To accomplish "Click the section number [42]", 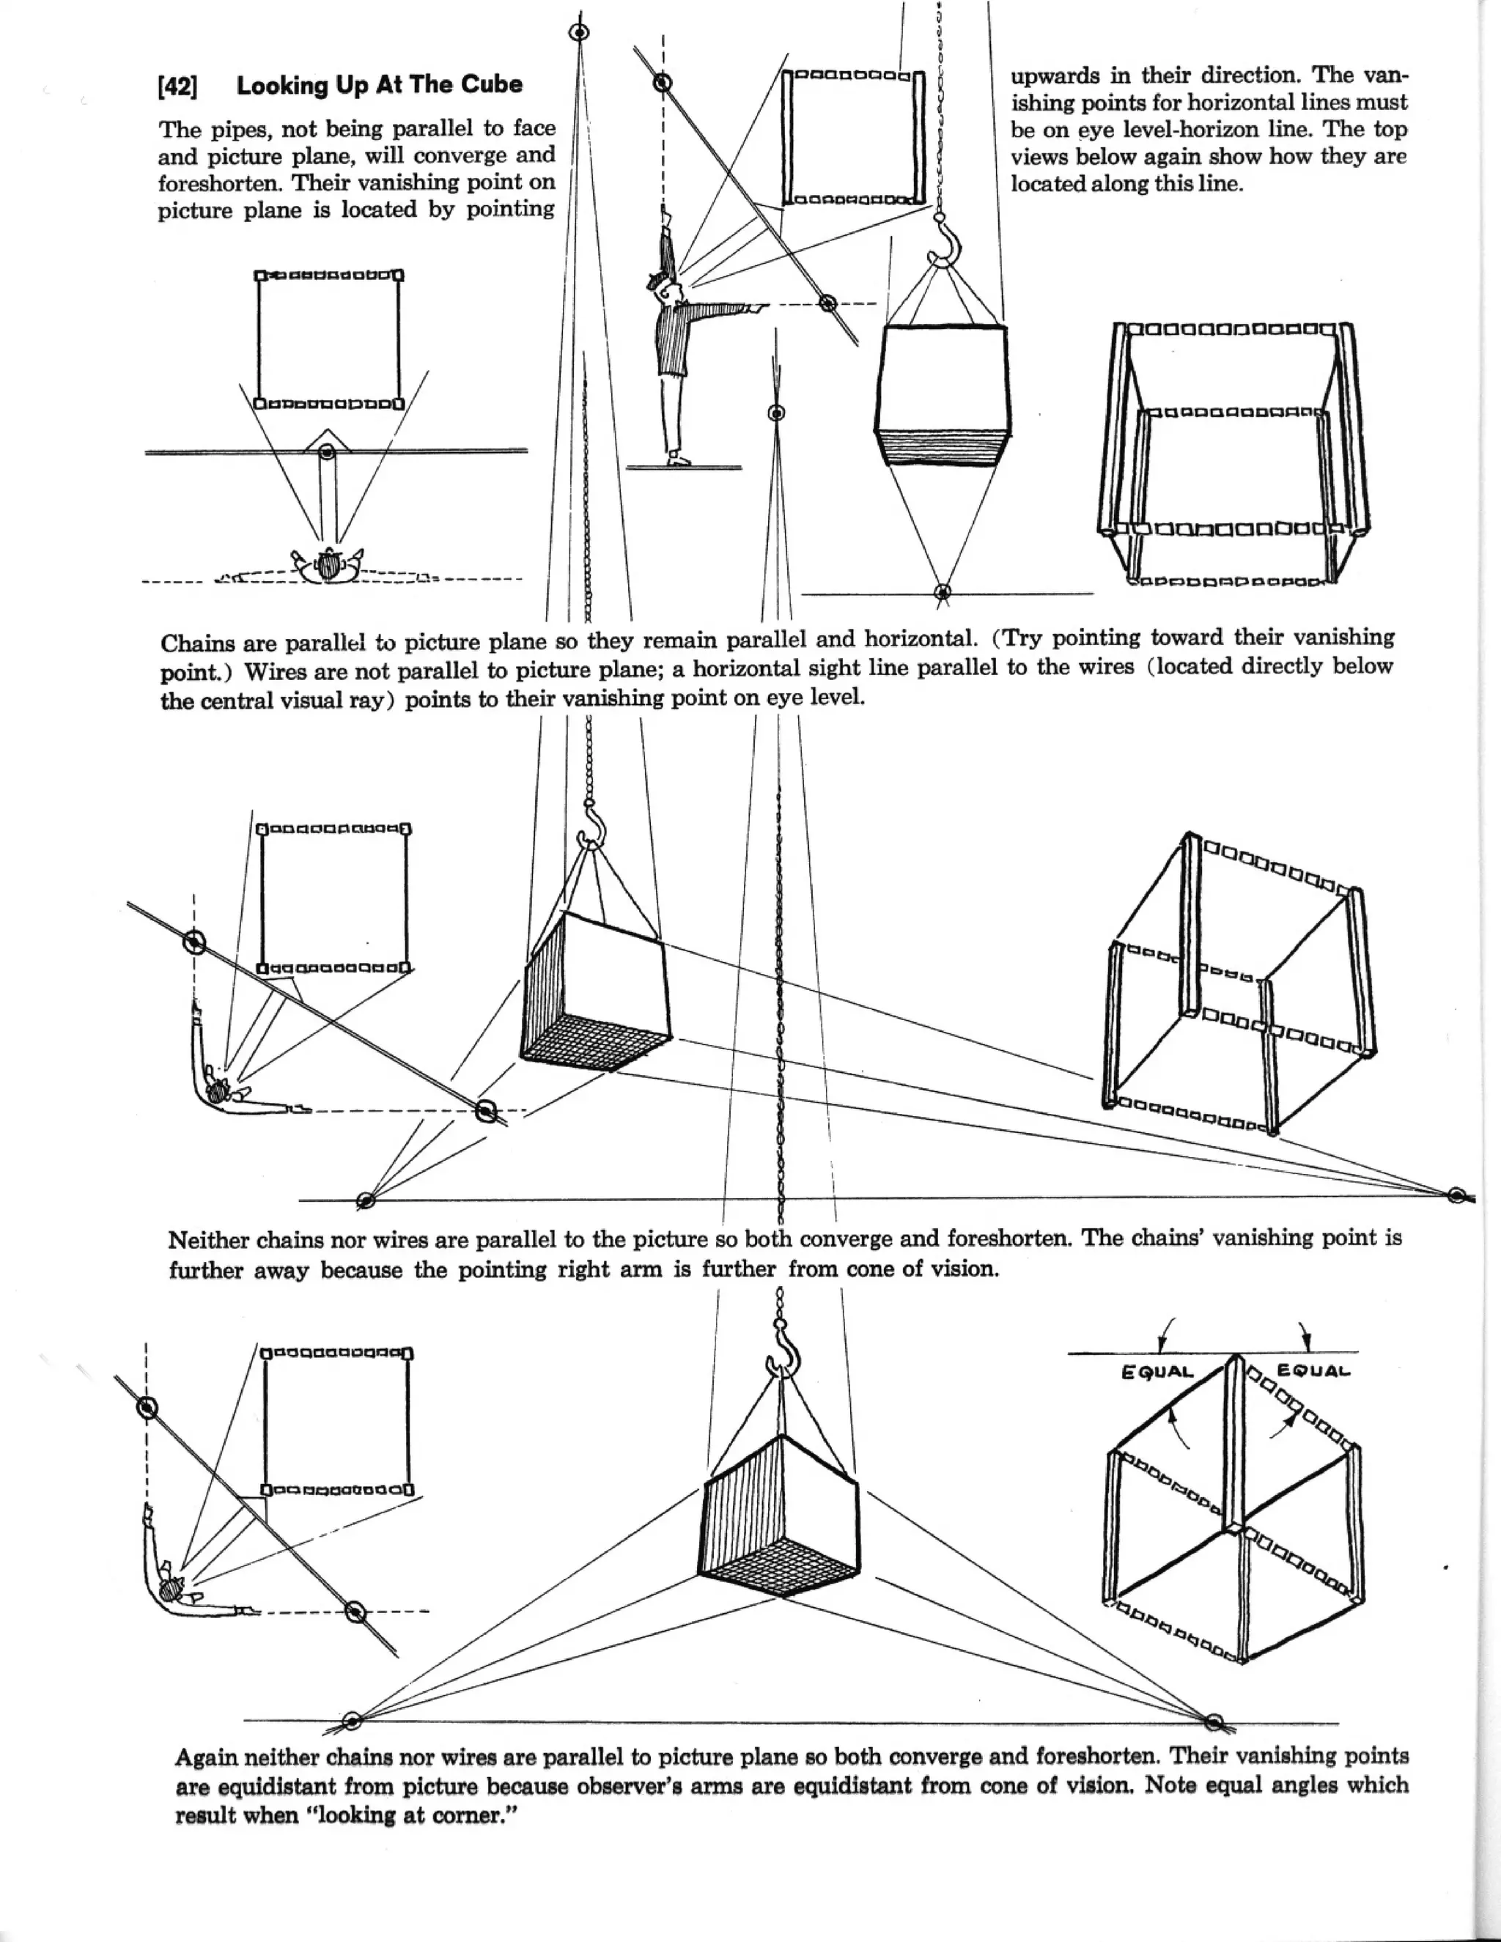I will (178, 87).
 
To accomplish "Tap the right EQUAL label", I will (1313, 1370).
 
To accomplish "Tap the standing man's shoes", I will (678, 459).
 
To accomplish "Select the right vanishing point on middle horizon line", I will (1456, 1195).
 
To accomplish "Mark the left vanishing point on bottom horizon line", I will (351, 1721).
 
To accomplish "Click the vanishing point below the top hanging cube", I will (943, 591).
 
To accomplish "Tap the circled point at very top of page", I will (580, 32).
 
